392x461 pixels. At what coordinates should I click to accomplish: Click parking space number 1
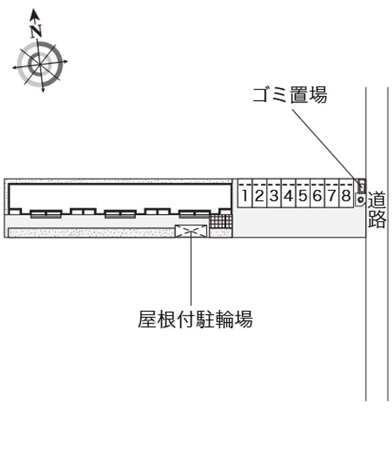[245, 194]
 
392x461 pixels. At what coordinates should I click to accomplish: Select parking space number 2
[260, 194]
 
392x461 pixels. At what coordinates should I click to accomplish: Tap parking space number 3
[274, 194]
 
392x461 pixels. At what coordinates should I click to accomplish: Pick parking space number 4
[289, 194]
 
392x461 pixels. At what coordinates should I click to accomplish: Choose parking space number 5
[303, 194]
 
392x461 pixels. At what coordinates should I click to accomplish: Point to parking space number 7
[332, 194]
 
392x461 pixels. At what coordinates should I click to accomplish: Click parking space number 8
[346, 194]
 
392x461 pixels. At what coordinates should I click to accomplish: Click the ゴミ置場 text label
[290, 95]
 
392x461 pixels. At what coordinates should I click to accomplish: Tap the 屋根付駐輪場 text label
[196, 319]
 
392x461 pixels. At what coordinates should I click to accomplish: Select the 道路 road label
[377, 209]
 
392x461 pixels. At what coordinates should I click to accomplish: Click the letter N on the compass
[36, 31]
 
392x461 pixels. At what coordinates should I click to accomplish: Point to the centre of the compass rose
[40, 64]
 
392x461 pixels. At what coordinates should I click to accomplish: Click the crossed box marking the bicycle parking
[191, 231]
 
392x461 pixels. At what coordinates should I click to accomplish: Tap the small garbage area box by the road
[362, 185]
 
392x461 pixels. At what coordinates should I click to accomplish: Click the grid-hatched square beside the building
[220, 221]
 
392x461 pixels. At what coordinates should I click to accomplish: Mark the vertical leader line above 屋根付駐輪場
[191, 268]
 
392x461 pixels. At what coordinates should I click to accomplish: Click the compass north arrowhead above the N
[34, 15]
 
